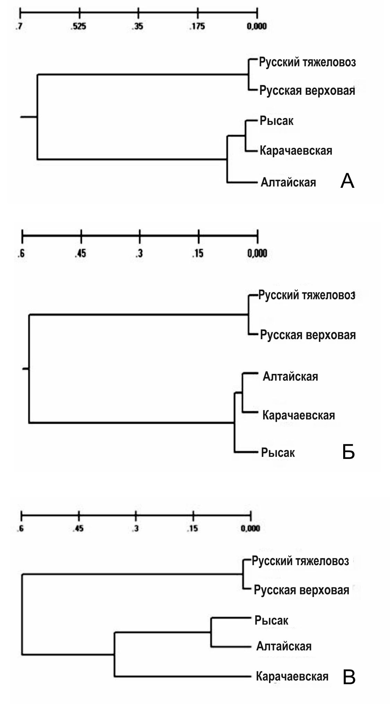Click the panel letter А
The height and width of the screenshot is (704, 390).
(347, 181)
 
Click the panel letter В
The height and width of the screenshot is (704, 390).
(349, 677)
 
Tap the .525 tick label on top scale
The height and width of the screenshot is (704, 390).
(79, 26)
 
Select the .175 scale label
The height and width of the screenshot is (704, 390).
(197, 26)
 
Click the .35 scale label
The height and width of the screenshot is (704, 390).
(138, 26)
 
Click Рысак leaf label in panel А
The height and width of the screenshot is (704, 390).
(277, 121)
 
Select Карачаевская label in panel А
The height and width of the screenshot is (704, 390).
(296, 151)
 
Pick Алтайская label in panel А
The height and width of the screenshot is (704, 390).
(288, 182)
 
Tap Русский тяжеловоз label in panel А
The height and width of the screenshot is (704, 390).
(307, 62)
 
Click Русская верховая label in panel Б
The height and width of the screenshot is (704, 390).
(308, 335)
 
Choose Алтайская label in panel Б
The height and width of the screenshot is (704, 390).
(291, 376)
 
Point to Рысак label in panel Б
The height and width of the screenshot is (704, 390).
(278, 453)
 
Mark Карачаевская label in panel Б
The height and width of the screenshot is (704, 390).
(299, 415)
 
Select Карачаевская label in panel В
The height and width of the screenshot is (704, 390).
(292, 676)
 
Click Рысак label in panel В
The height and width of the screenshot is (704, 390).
(271, 620)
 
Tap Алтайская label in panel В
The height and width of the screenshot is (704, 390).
(284, 646)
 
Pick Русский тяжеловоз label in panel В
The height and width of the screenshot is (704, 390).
(300, 561)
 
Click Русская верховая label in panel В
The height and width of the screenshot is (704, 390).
(302, 590)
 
